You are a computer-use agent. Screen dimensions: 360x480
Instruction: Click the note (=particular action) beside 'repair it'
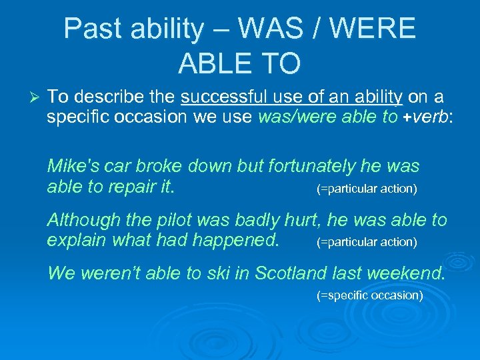(366, 189)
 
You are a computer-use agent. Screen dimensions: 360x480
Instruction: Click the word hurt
(292, 219)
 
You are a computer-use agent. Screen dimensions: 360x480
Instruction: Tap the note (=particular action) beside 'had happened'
(366, 242)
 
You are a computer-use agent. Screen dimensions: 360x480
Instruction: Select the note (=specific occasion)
(369, 295)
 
